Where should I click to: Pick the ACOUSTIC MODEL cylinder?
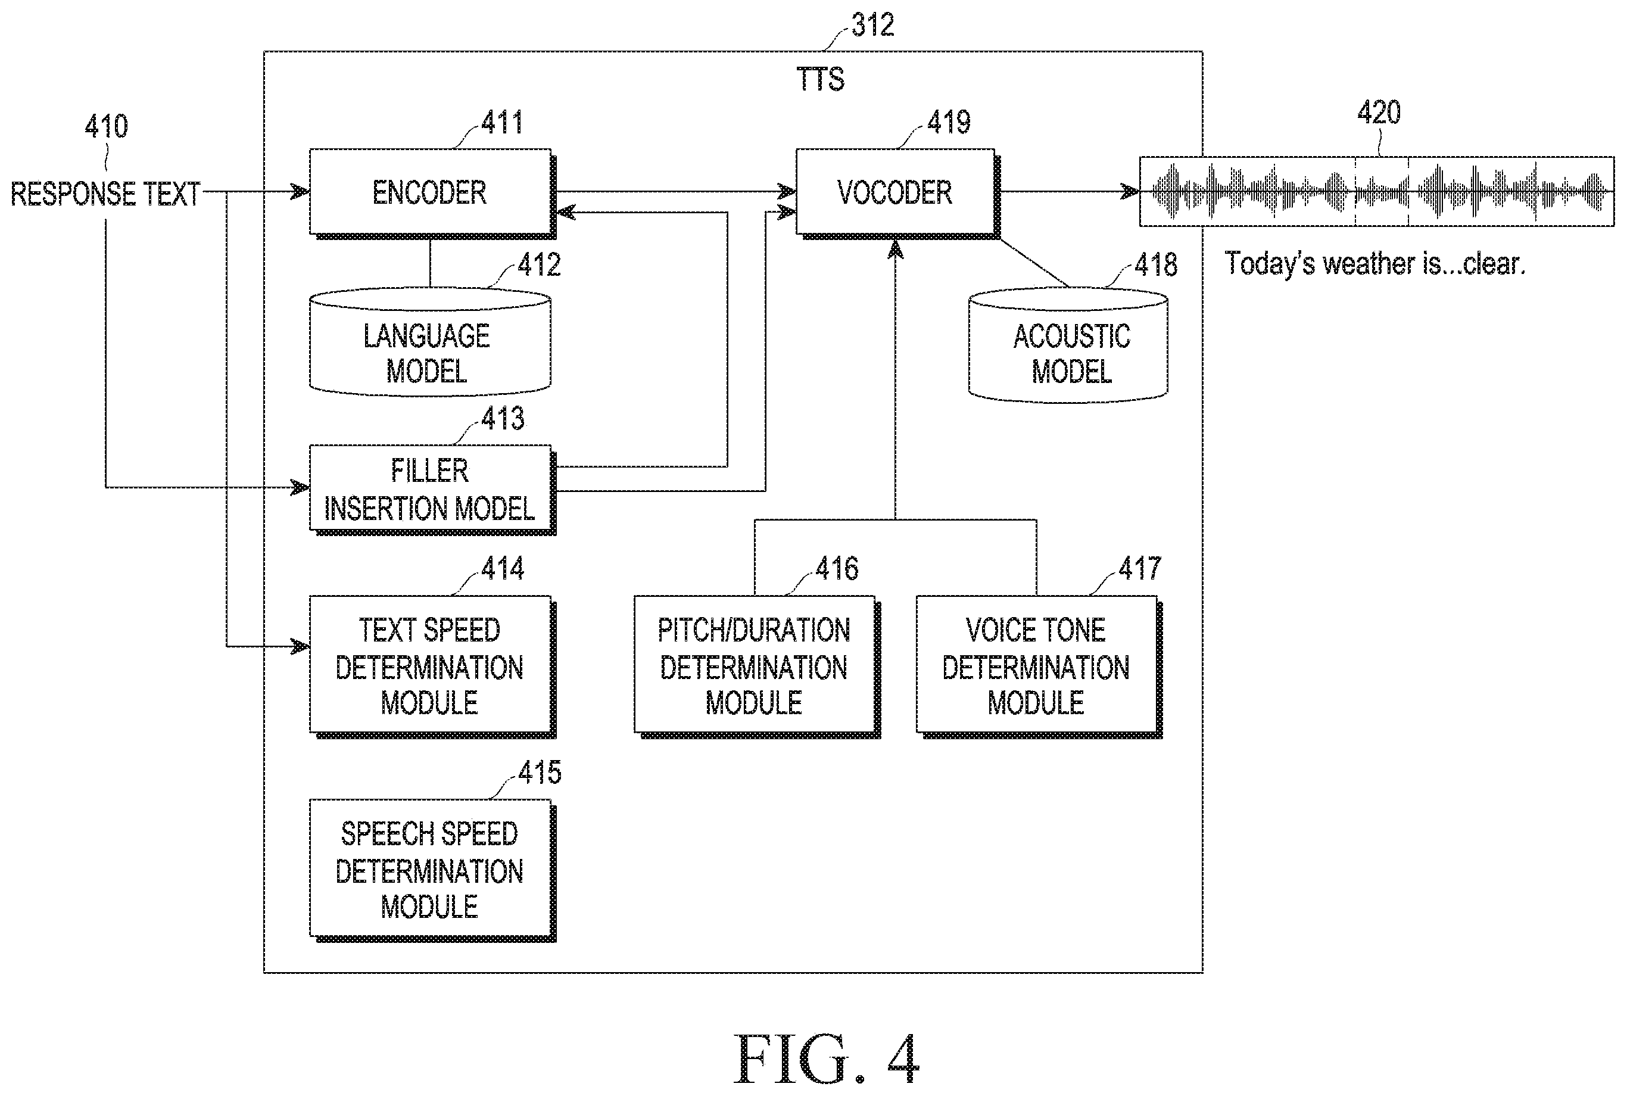pyautogui.click(x=1068, y=345)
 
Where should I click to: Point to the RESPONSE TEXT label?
pyautogui.click(x=105, y=194)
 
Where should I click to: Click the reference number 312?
pyautogui.click(x=873, y=26)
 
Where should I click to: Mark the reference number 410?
pyautogui.click(x=106, y=126)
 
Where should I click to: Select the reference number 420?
pyautogui.click(x=1379, y=113)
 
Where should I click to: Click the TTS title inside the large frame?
pyautogui.click(x=821, y=80)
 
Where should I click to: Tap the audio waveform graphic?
pyautogui.click(x=1377, y=191)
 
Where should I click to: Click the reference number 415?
pyautogui.click(x=540, y=773)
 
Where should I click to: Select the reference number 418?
pyautogui.click(x=1156, y=265)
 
